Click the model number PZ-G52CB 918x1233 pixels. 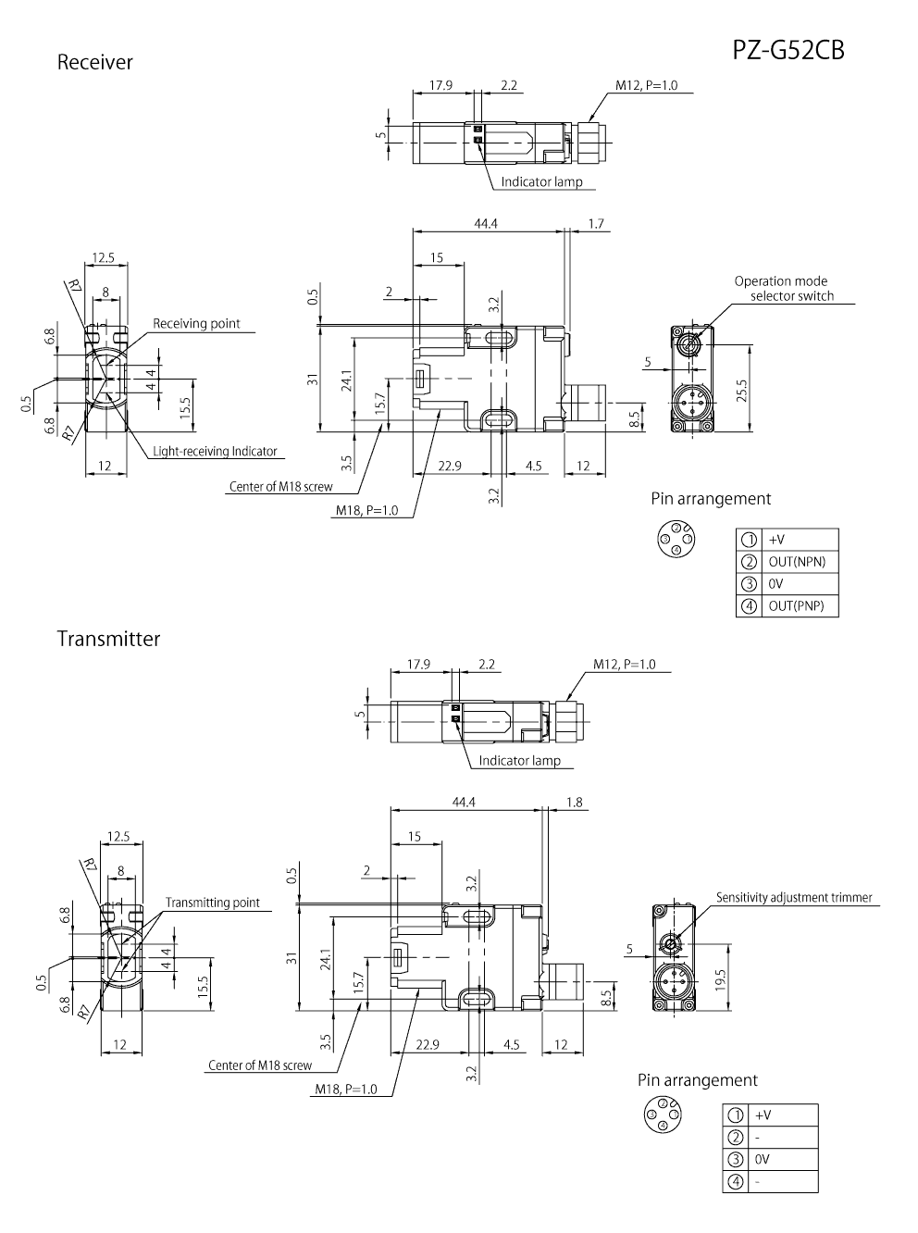pos(788,50)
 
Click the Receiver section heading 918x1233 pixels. pos(95,62)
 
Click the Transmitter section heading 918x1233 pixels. pos(108,639)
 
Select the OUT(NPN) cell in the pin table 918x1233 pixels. pos(797,562)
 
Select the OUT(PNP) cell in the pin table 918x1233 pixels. pos(796,606)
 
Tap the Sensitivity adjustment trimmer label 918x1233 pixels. pos(793,897)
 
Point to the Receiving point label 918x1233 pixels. pos(196,323)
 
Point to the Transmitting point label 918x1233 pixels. pos(212,903)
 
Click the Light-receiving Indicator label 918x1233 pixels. pos(215,452)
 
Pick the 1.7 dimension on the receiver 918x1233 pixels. pos(596,224)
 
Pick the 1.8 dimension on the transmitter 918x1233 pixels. pos(574,803)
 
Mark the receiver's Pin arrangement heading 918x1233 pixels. pos(711,499)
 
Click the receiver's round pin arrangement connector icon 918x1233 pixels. pos(675,538)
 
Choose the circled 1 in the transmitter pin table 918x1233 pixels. pos(736,1116)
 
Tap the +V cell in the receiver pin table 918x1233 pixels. pos(777,540)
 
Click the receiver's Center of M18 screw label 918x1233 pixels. pos(279,486)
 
